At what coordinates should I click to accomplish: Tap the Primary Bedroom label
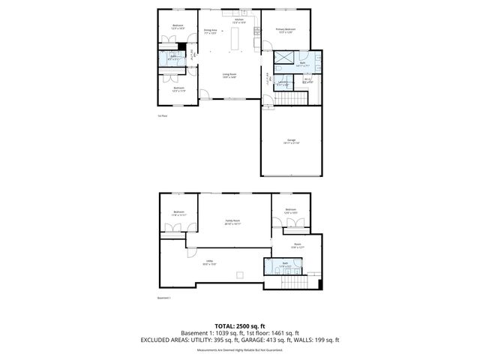pos(284,30)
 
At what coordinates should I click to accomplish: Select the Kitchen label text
pos(238,22)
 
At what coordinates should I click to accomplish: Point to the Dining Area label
pos(210,31)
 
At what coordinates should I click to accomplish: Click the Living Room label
pos(229,74)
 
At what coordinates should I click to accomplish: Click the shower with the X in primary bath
pos(284,58)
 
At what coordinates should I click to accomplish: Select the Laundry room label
pos(282,83)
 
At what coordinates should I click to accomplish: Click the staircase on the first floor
pos(298,97)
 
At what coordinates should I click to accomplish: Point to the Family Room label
pos(232,223)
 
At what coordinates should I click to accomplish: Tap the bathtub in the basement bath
pos(270,265)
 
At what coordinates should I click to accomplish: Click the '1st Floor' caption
pos(162,116)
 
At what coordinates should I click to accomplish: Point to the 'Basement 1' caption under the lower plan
pos(164,298)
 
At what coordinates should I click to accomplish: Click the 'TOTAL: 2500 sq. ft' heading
pos(239,326)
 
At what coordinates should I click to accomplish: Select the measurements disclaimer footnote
pos(239,350)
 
